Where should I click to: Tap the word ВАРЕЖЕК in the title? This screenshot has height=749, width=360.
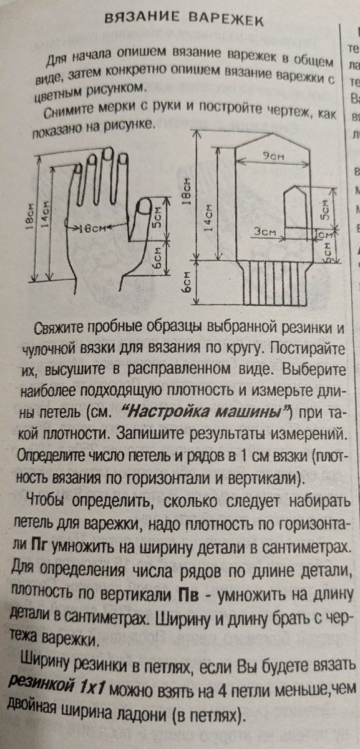226,19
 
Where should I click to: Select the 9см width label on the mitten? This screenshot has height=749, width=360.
273,156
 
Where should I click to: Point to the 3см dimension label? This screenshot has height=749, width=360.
265,232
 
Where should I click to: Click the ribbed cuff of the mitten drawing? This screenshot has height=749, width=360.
275,283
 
